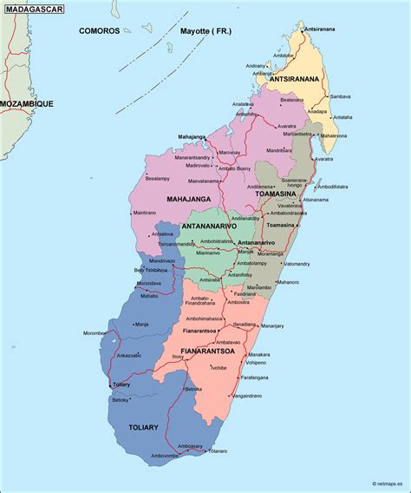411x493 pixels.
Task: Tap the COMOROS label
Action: click(x=100, y=30)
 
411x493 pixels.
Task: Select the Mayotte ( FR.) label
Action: click(x=206, y=30)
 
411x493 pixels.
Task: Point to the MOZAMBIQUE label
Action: click(x=26, y=103)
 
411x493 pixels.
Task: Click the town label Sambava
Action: click(x=340, y=96)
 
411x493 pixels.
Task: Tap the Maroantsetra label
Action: click(x=297, y=135)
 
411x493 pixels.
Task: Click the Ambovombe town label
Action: click(x=165, y=456)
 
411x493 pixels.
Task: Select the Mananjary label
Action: click(x=272, y=326)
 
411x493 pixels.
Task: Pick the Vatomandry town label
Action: click(x=296, y=264)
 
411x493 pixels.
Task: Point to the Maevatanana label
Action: click(x=204, y=181)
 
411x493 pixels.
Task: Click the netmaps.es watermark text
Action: click(x=389, y=484)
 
